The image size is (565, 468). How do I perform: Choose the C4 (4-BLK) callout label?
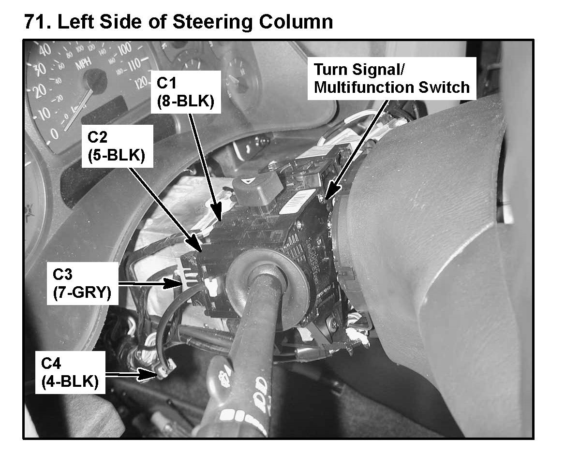click(71, 372)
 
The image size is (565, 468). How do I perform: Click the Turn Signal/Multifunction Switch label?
click(391, 78)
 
